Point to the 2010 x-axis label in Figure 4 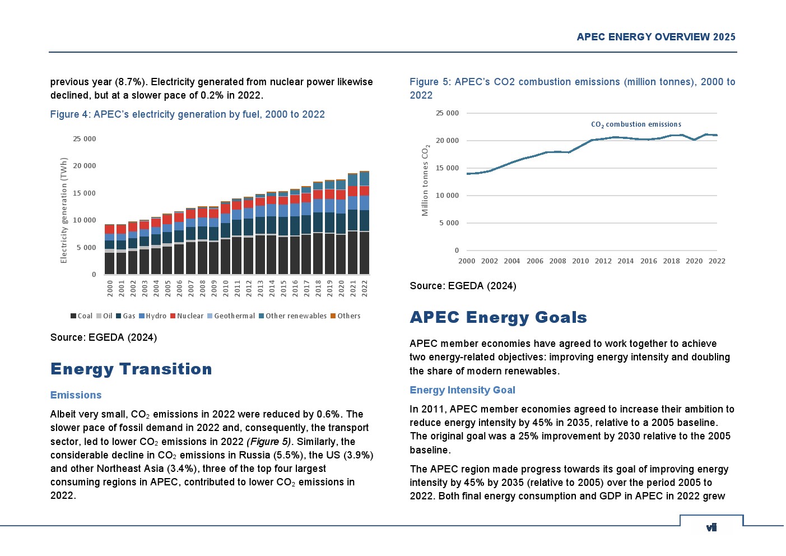[226, 289]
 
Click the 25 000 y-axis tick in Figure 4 [85, 139]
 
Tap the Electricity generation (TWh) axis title [64, 210]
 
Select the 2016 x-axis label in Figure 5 [649, 261]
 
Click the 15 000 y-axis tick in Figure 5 [448, 168]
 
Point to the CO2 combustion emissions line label [636, 124]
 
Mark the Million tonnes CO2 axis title [425, 180]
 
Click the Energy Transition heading [131, 369]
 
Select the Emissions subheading [76, 395]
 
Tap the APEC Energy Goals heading [498, 317]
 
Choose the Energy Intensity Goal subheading [462, 390]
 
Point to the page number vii [711, 527]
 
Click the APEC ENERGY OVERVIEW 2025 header [656, 37]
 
